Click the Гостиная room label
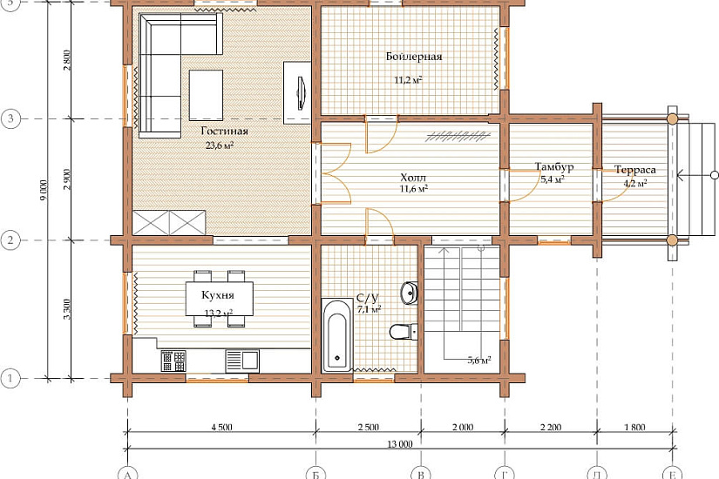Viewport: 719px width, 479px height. click(224, 132)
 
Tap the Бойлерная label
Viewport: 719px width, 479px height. click(414, 57)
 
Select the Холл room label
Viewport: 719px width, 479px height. click(413, 178)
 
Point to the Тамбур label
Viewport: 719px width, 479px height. click(554, 166)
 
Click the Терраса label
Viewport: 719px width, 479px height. click(635, 170)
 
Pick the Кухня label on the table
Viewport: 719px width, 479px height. click(218, 294)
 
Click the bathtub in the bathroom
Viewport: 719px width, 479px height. click(337, 335)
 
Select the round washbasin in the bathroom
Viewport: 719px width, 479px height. click(409, 293)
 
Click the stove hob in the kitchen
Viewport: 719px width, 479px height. click(173, 361)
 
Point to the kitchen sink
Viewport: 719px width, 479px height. click(242, 361)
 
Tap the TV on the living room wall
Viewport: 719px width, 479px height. click(301, 93)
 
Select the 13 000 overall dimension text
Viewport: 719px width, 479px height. click(400, 443)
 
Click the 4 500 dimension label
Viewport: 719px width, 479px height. click(221, 428)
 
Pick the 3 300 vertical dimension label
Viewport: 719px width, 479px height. click(67, 309)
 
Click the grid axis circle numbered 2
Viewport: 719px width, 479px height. click(10, 240)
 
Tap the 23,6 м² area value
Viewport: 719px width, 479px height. click(220, 145)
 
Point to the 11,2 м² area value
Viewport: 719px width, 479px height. click(408, 80)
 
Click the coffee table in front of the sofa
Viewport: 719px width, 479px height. click(206, 95)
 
